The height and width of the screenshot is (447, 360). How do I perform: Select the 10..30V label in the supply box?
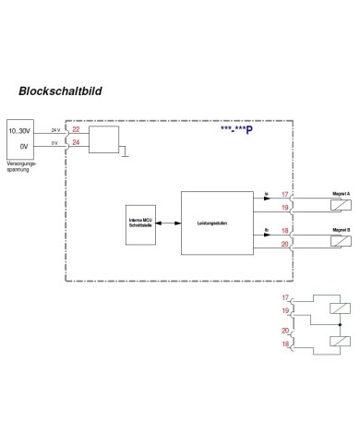click(x=20, y=131)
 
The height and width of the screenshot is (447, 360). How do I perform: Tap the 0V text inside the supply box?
click(x=20, y=145)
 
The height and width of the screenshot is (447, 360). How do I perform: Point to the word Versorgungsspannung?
click(x=20, y=165)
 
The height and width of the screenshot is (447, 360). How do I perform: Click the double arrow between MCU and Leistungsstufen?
click(x=170, y=223)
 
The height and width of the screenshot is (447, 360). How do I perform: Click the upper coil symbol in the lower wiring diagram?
click(x=341, y=308)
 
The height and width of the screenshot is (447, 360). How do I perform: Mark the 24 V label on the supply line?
click(x=54, y=129)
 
